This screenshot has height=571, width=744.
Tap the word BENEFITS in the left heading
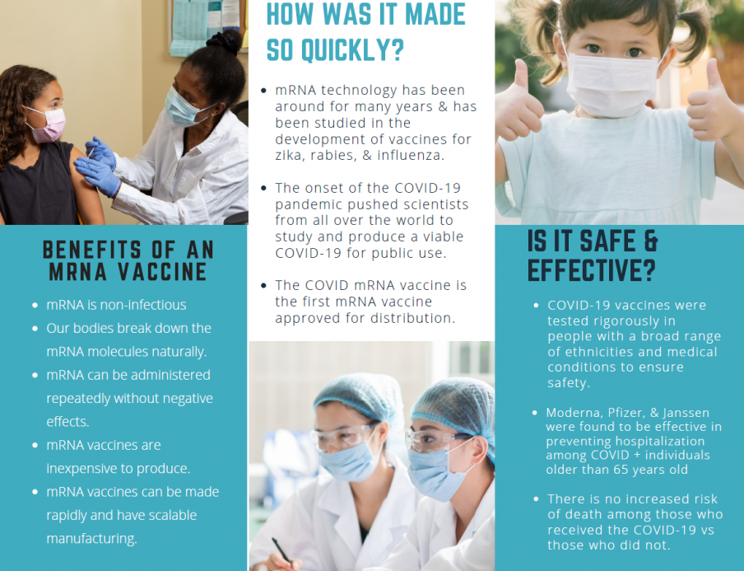pos(92,250)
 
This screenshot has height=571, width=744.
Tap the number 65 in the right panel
pos(625,470)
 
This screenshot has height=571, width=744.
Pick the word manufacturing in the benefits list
pos(91,539)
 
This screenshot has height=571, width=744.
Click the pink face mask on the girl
pos(48,125)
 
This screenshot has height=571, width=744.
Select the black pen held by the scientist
pos(281,551)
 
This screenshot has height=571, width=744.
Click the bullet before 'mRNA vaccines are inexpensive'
pos(35,446)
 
